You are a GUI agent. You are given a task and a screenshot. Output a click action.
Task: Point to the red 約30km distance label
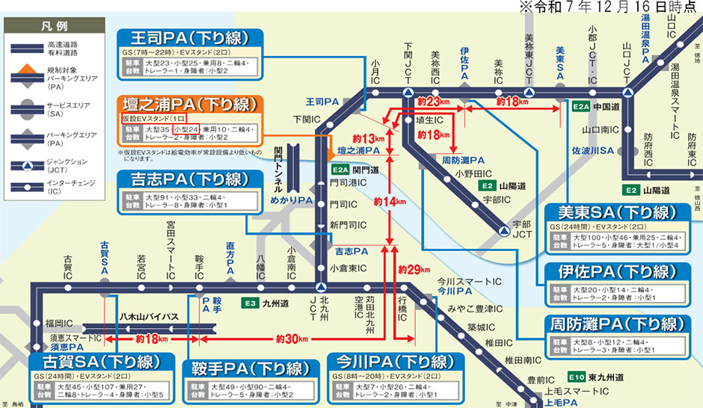[x=291, y=339]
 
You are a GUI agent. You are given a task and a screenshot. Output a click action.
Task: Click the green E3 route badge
[x=250, y=304]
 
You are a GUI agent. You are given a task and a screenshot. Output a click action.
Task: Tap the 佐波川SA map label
[x=592, y=151]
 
